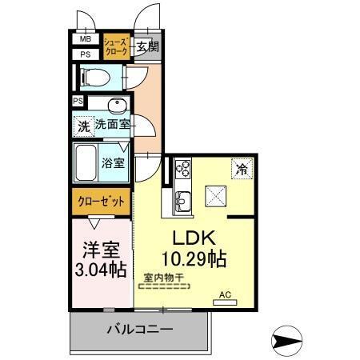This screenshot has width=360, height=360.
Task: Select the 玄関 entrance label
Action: click(x=146, y=46)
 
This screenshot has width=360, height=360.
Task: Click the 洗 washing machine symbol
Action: click(x=83, y=126)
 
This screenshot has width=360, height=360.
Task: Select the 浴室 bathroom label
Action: click(x=113, y=162)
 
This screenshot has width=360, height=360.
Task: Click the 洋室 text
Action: click(x=98, y=249)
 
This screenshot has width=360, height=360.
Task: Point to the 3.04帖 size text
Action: click(x=99, y=269)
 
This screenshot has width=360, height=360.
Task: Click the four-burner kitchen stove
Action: click(x=182, y=169)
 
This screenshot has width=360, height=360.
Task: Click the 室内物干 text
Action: click(x=163, y=278)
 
